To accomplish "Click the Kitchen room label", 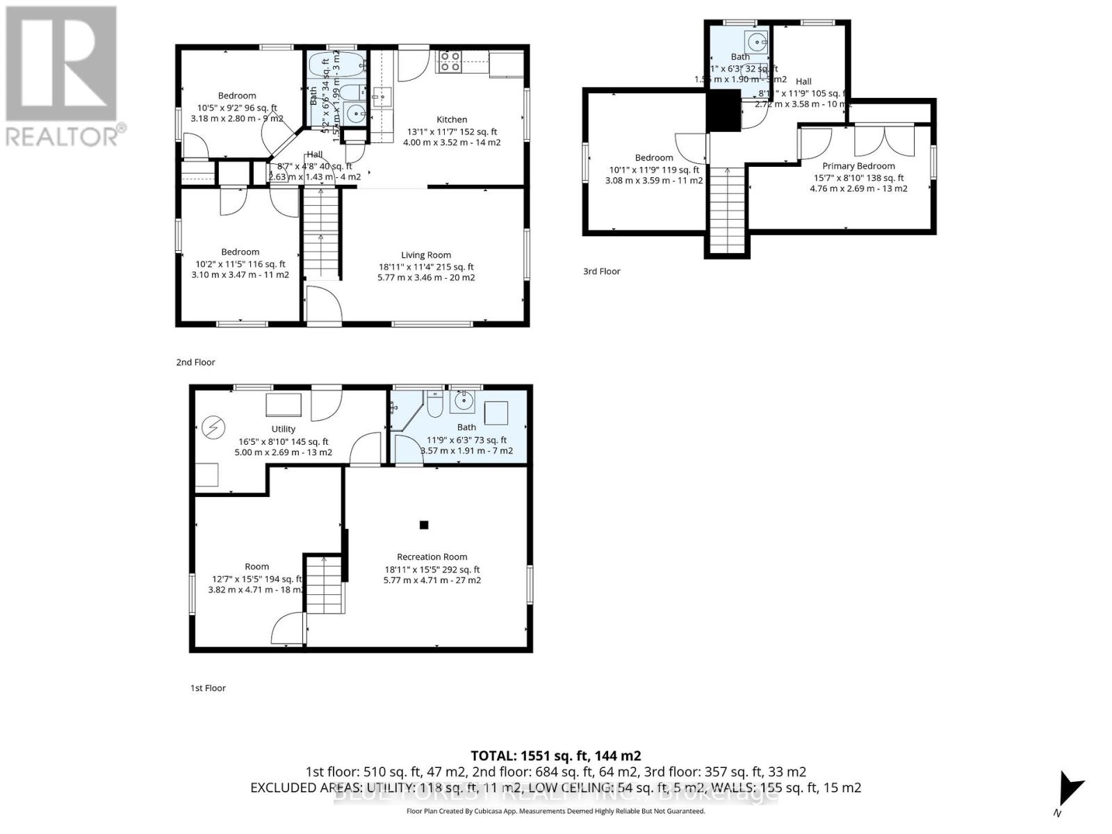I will [452, 120].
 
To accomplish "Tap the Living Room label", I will [425, 255].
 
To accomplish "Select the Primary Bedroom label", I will [858, 166].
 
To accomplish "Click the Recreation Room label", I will [432, 557].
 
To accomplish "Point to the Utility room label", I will [283, 429].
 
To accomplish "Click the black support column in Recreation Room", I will [424, 525].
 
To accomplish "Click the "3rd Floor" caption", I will [601, 271].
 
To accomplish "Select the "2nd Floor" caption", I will [195, 362].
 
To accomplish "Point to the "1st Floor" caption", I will [208, 688].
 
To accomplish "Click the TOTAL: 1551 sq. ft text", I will [555, 755].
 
